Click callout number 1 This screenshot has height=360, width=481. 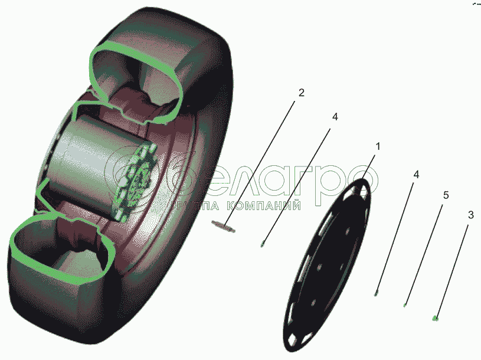[x=378, y=146]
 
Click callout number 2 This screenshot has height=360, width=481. [x=301, y=93]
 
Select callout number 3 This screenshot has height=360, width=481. [x=470, y=215]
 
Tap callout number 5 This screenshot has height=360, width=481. [x=446, y=195]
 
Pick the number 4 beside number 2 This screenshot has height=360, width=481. [x=335, y=117]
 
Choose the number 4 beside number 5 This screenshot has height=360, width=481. [x=416, y=175]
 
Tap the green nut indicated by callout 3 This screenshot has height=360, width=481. [x=435, y=319]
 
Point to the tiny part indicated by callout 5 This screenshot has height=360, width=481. [x=405, y=305]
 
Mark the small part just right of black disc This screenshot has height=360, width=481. [x=376, y=293]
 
